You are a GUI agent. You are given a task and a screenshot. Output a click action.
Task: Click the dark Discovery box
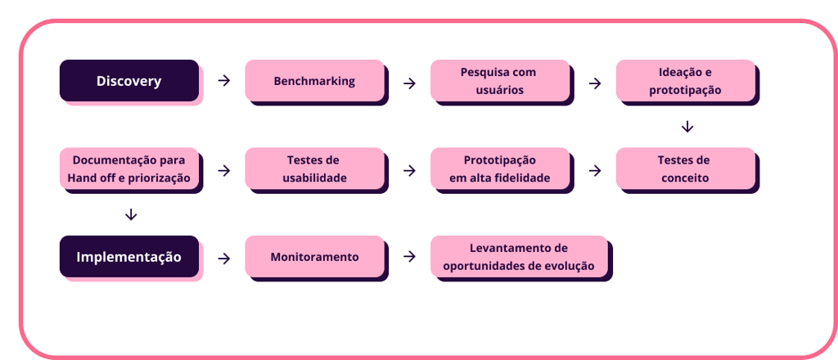click(128, 81)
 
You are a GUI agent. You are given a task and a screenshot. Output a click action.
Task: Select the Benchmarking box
click(314, 81)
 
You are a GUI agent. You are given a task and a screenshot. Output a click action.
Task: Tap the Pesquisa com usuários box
click(499, 81)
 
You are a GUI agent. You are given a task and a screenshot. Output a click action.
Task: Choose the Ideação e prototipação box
click(685, 81)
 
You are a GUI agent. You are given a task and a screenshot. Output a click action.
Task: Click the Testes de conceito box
click(685, 169)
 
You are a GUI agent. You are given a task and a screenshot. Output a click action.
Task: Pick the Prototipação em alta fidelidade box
click(499, 169)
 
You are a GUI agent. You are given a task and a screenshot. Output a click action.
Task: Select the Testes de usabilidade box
click(314, 169)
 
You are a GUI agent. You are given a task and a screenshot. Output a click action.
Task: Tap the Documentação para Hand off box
click(128, 169)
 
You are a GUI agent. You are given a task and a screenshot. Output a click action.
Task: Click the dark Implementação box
click(128, 256)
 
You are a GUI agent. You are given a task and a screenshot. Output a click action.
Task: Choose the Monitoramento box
click(314, 256)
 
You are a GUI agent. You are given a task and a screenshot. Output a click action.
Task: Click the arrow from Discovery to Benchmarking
click(223, 81)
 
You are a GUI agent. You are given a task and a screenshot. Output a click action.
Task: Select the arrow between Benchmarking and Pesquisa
click(408, 82)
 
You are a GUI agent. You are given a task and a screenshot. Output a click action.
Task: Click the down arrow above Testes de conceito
click(687, 127)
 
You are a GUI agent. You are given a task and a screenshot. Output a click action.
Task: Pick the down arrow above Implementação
click(131, 214)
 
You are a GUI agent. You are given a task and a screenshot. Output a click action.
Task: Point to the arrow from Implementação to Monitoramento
click(223, 258)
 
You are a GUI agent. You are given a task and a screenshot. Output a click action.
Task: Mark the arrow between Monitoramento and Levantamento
click(408, 257)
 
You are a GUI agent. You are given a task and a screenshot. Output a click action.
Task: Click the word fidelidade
click(522, 178)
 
